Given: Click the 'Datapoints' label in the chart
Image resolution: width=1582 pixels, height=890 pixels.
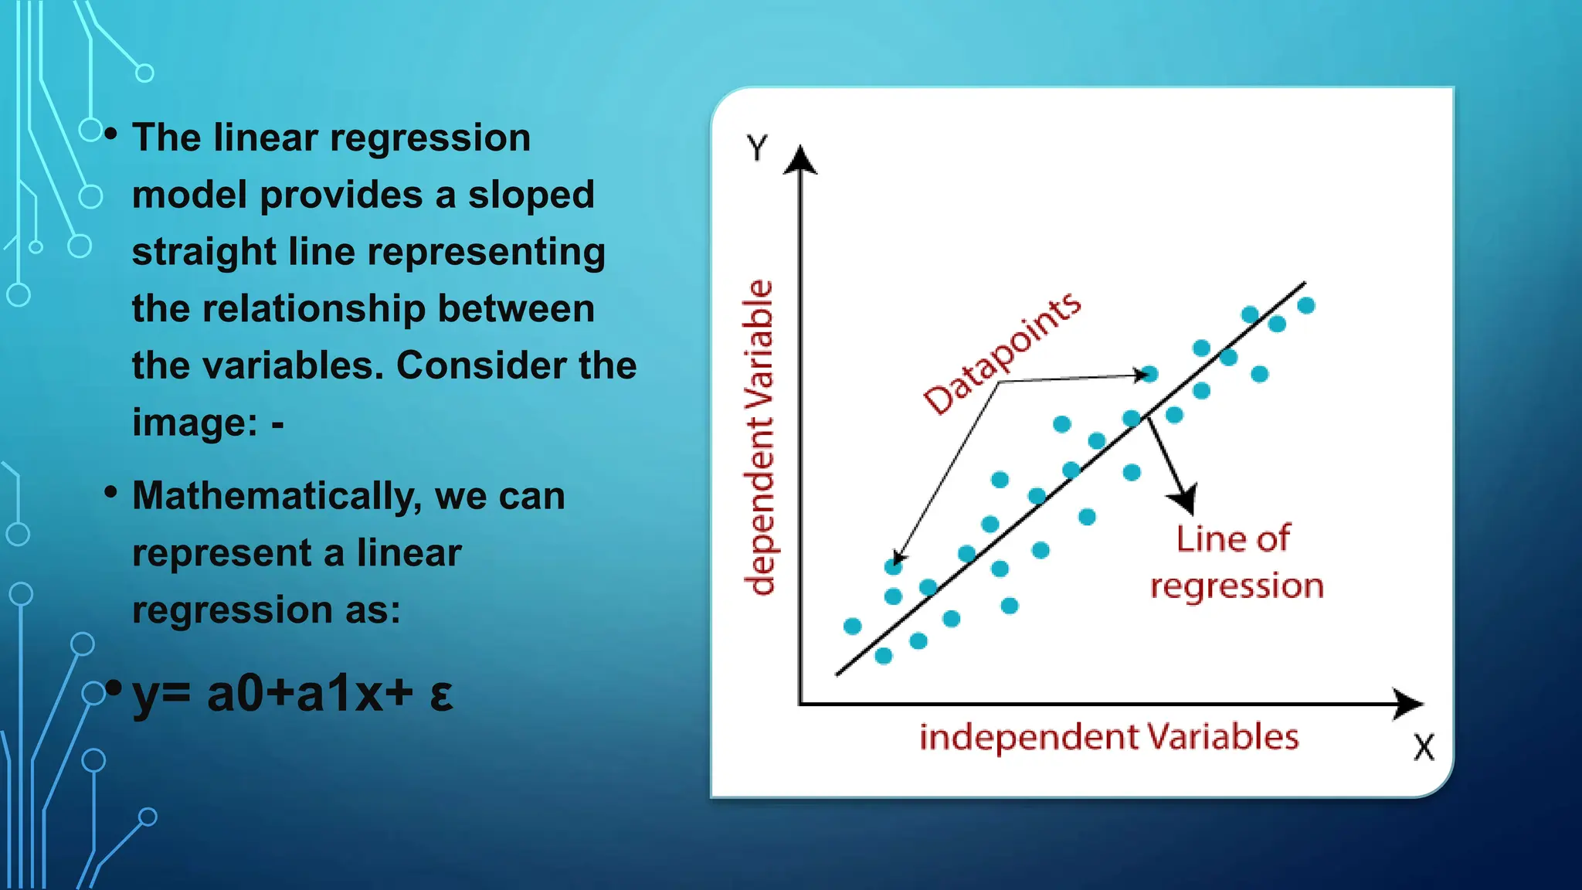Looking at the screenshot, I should [1003, 353].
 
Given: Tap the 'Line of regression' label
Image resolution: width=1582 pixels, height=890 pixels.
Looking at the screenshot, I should [1235, 562].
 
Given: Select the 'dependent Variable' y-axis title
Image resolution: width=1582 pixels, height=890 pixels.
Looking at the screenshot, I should [759, 437].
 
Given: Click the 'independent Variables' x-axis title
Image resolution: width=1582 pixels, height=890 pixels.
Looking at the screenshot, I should [1108, 737].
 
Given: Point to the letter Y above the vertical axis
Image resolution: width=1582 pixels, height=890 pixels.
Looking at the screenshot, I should [757, 147].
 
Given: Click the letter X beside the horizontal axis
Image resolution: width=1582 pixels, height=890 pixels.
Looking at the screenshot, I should [1424, 748].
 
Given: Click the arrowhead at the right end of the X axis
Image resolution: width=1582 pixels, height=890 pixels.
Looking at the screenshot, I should [1409, 704].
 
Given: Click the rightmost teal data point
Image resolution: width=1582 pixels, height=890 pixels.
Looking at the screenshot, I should [1306, 306].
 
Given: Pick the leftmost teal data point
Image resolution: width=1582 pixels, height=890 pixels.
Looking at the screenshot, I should [853, 626].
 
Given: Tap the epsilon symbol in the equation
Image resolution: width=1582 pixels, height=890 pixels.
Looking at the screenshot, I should [441, 695].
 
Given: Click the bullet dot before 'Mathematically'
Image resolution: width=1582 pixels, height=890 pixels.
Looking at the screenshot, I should [111, 491].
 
